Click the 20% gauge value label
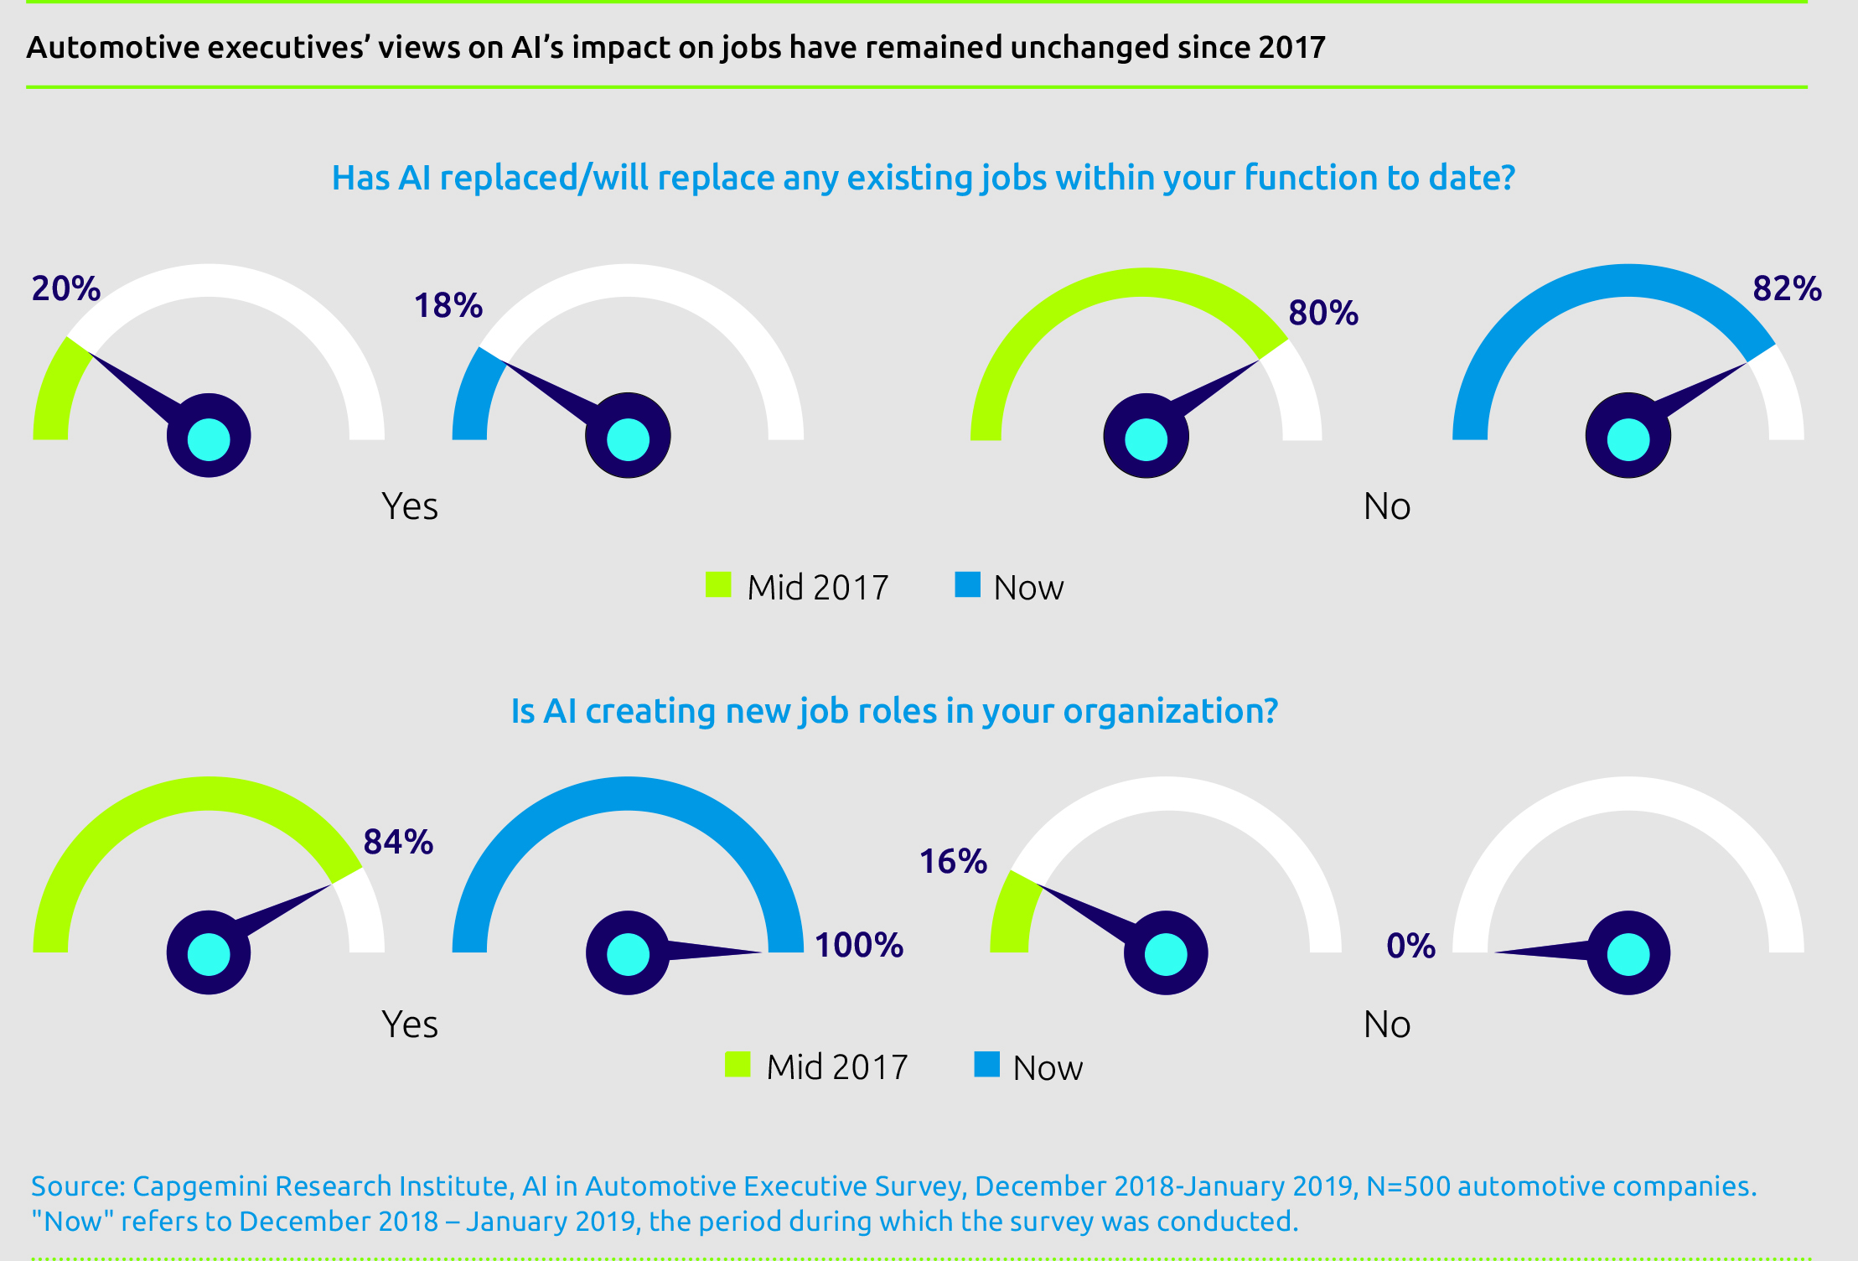[x=66, y=288]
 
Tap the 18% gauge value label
[x=448, y=305]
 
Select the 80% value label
[x=1323, y=313]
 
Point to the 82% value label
[x=1787, y=288]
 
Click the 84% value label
[x=398, y=842]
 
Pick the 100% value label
[x=859, y=945]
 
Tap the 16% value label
[x=953, y=861]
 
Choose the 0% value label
[x=1410, y=946]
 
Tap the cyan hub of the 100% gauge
[x=628, y=954]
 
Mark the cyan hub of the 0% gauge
[x=1628, y=954]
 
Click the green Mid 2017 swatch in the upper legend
[x=718, y=584]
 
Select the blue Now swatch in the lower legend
[x=986, y=1064]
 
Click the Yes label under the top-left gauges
[x=410, y=506]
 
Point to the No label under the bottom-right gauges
[x=1387, y=1025]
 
